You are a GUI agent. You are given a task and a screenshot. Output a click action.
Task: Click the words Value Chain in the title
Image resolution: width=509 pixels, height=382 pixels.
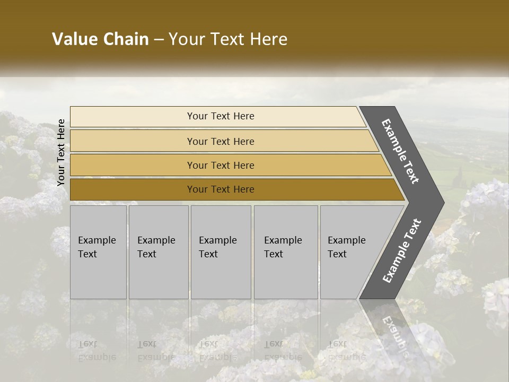coord(100,39)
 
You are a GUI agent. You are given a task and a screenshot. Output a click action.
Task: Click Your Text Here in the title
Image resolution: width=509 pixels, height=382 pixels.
coord(228,39)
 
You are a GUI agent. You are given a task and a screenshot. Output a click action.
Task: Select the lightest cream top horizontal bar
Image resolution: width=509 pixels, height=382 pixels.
coord(133,117)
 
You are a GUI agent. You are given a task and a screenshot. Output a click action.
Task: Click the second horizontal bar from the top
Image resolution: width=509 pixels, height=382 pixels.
coord(133,141)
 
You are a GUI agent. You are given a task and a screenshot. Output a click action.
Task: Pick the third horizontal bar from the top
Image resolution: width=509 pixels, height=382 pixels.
coord(133,165)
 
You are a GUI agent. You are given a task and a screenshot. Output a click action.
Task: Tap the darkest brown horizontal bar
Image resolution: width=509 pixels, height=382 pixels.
coord(133,189)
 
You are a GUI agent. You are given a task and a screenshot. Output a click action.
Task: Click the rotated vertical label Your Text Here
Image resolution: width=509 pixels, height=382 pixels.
coord(61,152)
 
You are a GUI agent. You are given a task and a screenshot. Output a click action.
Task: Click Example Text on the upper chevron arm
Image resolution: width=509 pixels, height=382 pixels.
coord(400,151)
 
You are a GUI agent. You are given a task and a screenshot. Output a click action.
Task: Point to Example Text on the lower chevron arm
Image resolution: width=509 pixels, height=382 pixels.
coord(402,251)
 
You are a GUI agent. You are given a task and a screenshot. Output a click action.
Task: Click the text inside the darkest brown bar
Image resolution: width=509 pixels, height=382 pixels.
coord(221,189)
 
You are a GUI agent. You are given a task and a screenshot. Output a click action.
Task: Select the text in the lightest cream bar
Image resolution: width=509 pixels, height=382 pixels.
coord(221,116)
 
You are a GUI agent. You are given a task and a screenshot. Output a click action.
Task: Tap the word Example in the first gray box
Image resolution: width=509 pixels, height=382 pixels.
coord(96,240)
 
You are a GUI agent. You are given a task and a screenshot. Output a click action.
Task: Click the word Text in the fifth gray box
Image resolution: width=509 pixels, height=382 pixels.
coord(337,254)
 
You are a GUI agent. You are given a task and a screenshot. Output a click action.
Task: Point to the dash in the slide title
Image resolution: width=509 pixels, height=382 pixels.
coord(159,40)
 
